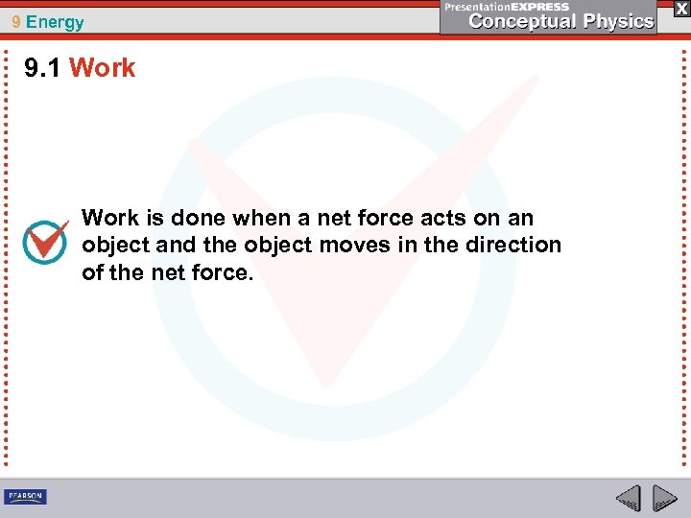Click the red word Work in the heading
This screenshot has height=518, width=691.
click(103, 68)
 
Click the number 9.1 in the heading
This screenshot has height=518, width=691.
click(43, 68)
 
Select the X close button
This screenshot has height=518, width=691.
click(680, 8)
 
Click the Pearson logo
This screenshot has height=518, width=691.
click(25, 496)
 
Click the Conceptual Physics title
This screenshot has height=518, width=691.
click(560, 21)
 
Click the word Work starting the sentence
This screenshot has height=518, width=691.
click(107, 218)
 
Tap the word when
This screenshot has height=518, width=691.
click(252, 218)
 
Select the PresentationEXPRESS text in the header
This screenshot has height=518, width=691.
click(507, 7)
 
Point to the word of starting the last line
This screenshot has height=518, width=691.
click(92, 272)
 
